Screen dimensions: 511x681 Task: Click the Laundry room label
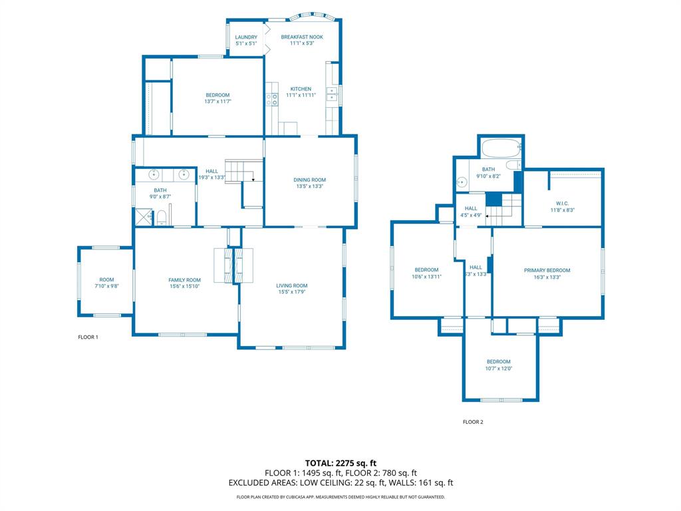(246, 37)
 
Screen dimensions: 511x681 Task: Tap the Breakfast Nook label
(302, 37)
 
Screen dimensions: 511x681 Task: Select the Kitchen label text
(301, 89)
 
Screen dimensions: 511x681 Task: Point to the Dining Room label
(310, 180)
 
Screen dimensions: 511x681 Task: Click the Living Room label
(292, 285)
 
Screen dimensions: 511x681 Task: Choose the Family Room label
(184, 280)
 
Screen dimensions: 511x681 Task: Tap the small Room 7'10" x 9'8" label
(106, 280)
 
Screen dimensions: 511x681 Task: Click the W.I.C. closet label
(562, 204)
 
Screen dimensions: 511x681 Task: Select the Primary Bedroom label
(547, 270)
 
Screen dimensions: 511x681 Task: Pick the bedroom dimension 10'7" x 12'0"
(498, 369)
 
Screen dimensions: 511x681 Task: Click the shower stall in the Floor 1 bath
(143, 217)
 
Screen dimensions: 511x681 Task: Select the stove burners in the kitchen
(272, 100)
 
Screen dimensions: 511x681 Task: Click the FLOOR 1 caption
(88, 337)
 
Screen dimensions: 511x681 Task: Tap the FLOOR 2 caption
(473, 422)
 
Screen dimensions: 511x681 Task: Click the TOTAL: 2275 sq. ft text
(340, 463)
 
